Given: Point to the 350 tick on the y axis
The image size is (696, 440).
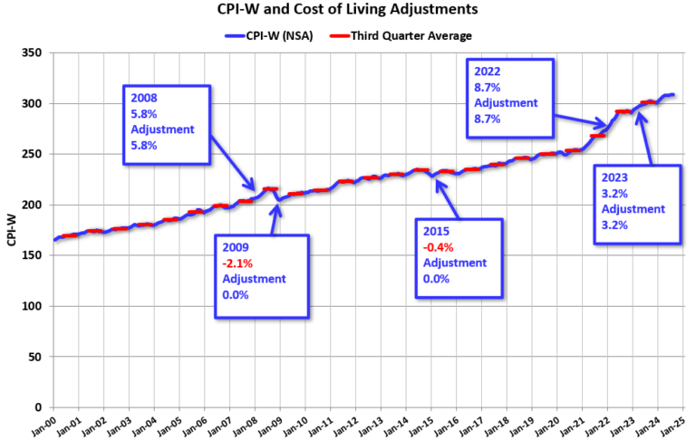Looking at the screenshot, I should [34, 53].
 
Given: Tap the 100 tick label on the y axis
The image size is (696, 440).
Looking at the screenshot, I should [34, 307].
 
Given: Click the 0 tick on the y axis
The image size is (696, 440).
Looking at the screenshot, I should [40, 407].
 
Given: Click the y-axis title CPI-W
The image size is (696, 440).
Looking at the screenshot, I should [12, 231].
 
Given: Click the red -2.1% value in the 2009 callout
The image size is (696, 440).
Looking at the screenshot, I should [238, 263].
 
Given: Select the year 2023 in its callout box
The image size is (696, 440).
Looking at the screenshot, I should [616, 178].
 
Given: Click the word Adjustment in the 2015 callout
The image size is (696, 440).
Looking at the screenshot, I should [455, 263].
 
